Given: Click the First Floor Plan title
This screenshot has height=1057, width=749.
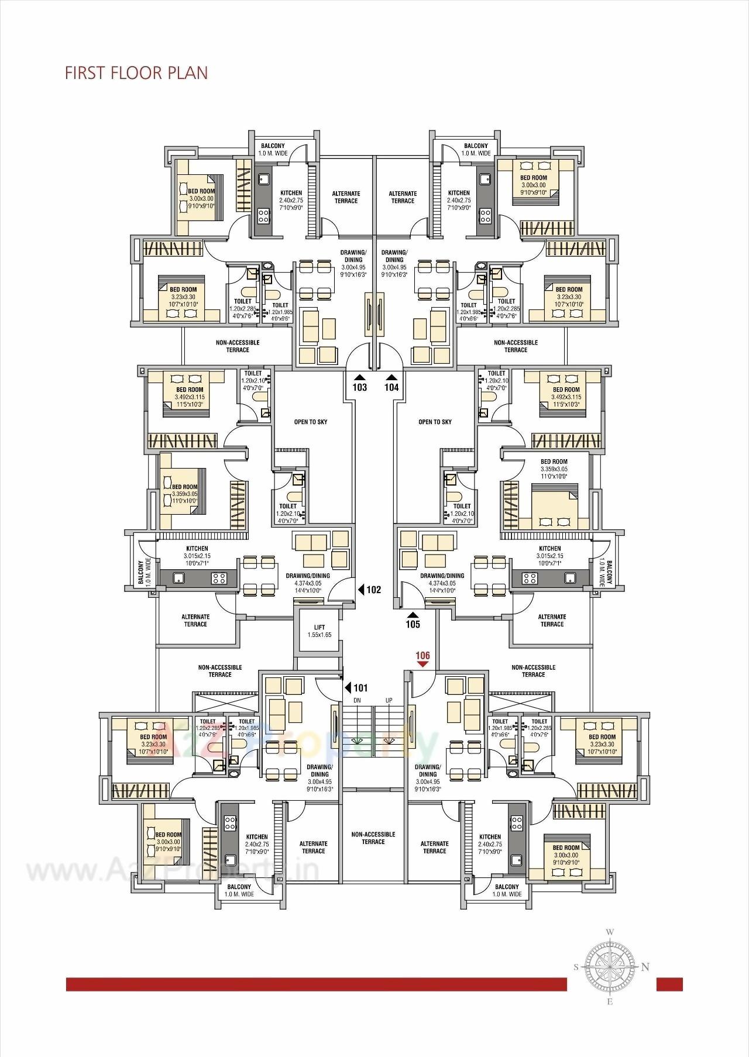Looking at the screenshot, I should pyautogui.click(x=136, y=73).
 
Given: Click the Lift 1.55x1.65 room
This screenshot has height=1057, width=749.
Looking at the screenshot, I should pyautogui.click(x=319, y=631).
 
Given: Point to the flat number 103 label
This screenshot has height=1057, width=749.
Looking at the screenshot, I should pyautogui.click(x=360, y=387).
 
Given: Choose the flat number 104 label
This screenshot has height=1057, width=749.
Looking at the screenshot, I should pyautogui.click(x=391, y=387).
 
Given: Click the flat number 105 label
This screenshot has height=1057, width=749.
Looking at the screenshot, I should pyautogui.click(x=413, y=624).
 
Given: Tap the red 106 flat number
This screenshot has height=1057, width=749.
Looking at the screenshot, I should pyautogui.click(x=422, y=656).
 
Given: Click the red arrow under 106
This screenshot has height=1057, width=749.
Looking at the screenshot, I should pyautogui.click(x=422, y=665).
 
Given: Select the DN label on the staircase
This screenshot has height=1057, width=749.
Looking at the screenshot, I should pyautogui.click(x=358, y=700).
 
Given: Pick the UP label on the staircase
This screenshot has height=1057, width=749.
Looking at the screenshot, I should pyautogui.click(x=389, y=700).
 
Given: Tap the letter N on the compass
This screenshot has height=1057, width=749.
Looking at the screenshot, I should pyautogui.click(x=645, y=968).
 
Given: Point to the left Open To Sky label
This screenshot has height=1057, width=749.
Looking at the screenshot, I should pyautogui.click(x=311, y=422).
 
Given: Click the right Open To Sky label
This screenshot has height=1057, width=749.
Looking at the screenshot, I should pyautogui.click(x=435, y=422).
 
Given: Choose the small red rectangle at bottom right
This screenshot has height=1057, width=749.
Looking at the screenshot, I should pyautogui.click(x=669, y=984).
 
